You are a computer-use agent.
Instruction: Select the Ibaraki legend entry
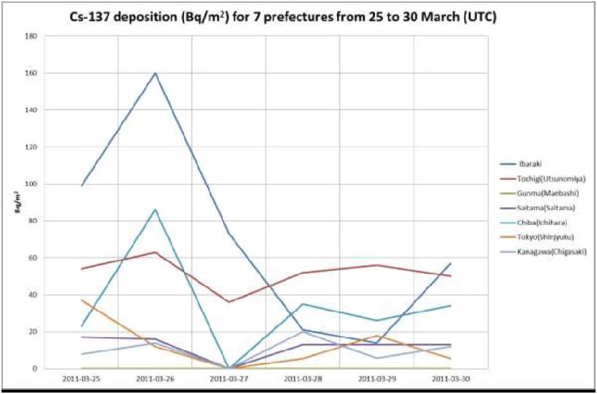(531, 164)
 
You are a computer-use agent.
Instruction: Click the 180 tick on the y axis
(31, 36)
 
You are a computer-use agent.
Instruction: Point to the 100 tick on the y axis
(31, 184)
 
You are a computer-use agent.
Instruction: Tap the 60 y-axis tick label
(33, 258)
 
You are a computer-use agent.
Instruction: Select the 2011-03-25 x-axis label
(82, 379)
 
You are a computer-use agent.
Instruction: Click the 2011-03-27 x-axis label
(229, 379)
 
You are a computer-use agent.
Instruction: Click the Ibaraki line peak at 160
(155, 73)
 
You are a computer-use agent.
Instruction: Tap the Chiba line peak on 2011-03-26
(155, 210)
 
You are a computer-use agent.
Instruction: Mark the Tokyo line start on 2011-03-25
(82, 300)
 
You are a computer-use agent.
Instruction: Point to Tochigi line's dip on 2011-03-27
(229, 302)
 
